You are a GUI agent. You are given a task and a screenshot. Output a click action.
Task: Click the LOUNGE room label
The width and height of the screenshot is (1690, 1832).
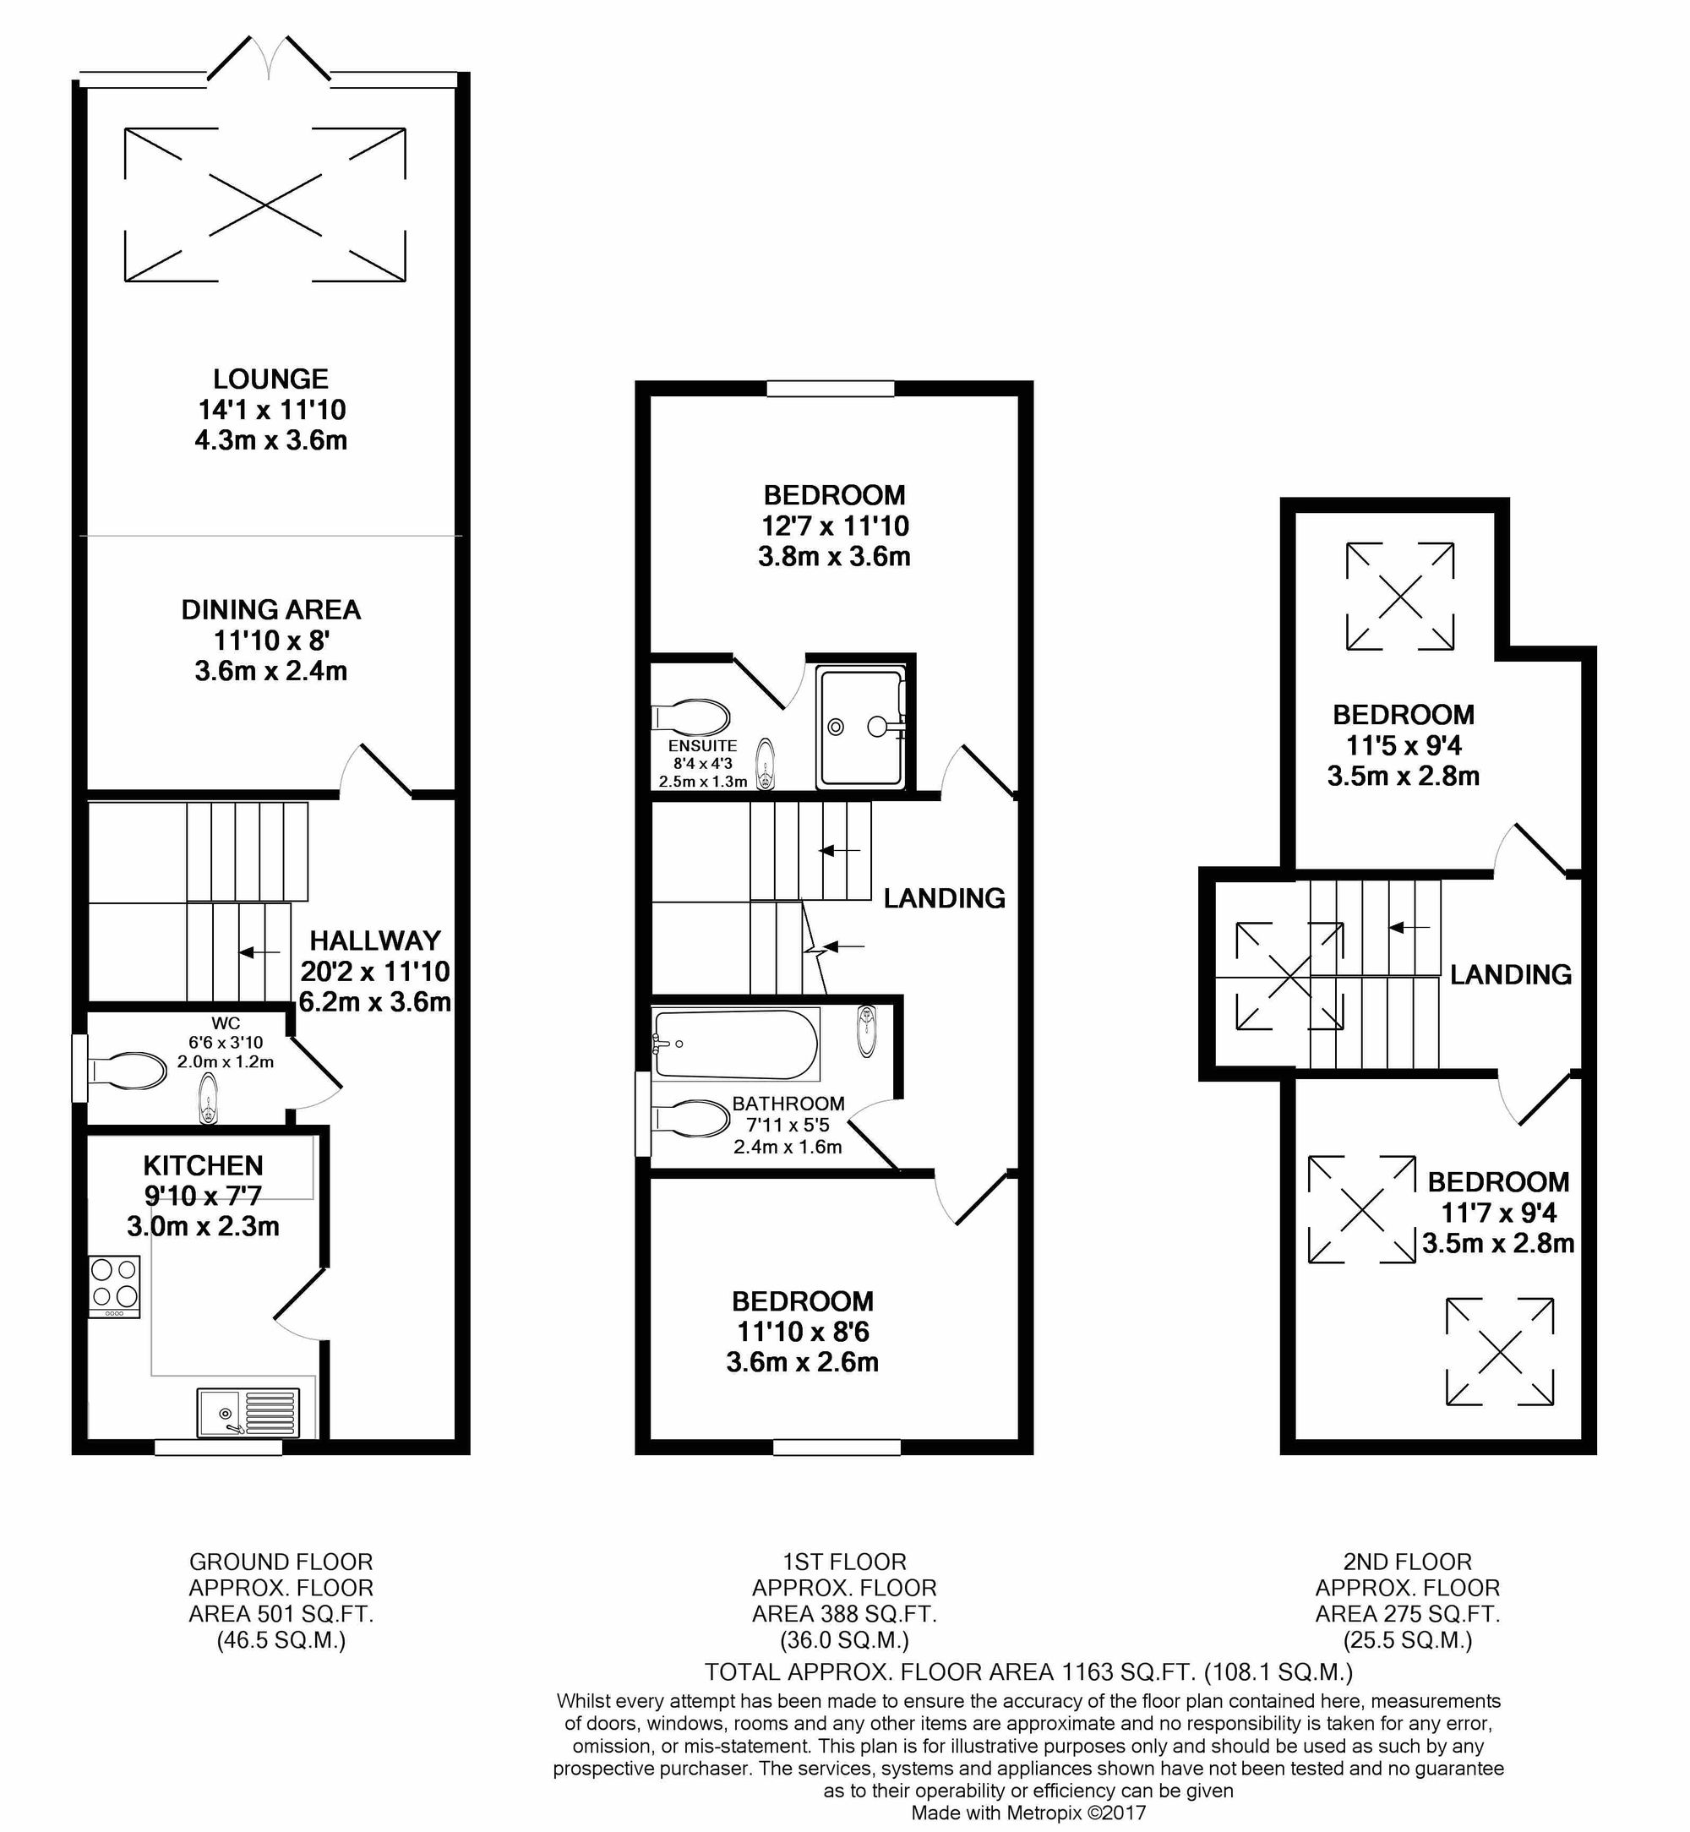click(x=270, y=379)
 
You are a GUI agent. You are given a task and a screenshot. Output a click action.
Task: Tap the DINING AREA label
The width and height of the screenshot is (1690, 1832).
click(x=270, y=610)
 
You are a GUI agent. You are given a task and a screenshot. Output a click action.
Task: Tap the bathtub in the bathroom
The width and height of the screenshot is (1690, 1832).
click(x=736, y=1044)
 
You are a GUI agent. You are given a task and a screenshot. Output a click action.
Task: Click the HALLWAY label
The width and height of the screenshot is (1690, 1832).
click(x=375, y=941)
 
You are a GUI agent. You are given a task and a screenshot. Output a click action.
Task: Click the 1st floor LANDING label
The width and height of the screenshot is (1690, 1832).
click(x=944, y=898)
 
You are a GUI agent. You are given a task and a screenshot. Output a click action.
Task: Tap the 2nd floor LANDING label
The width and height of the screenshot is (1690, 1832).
click(x=1510, y=974)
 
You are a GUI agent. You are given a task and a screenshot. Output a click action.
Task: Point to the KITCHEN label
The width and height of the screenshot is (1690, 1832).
click(x=203, y=1165)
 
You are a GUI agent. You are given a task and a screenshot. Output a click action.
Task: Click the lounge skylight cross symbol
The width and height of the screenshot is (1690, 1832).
click(x=265, y=204)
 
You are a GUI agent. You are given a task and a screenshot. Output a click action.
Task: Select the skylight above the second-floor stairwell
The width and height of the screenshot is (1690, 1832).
click(x=1289, y=976)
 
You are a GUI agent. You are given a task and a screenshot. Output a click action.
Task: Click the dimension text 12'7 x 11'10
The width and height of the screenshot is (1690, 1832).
click(x=835, y=526)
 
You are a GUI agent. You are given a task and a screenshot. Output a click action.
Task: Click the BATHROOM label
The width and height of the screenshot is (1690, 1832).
click(x=788, y=1104)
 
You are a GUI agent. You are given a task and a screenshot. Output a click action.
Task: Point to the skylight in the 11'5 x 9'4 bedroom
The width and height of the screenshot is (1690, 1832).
click(x=1400, y=597)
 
